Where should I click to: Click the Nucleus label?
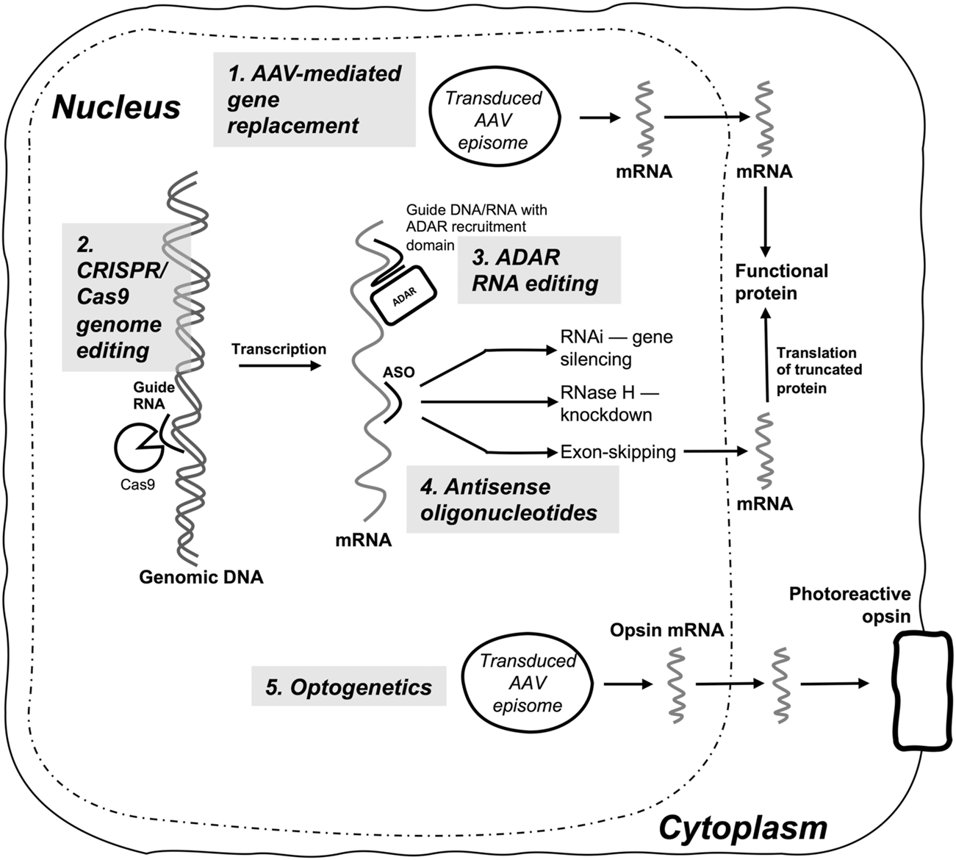point(116,107)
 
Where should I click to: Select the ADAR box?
point(403,295)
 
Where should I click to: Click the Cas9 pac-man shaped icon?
point(139,447)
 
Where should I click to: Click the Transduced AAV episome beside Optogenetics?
point(528,683)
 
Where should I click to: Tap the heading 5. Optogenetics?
point(349,687)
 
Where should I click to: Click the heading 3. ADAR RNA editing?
point(536,270)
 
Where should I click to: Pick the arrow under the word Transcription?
point(279,365)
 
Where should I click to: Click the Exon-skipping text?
point(618,451)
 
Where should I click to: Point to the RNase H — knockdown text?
point(610,404)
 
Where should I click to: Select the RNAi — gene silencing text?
point(617,348)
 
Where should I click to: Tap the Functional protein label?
point(782,282)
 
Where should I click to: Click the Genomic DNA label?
point(201,577)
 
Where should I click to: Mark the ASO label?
point(399,372)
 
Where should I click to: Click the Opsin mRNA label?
point(666,630)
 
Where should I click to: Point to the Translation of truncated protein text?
point(819,370)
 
